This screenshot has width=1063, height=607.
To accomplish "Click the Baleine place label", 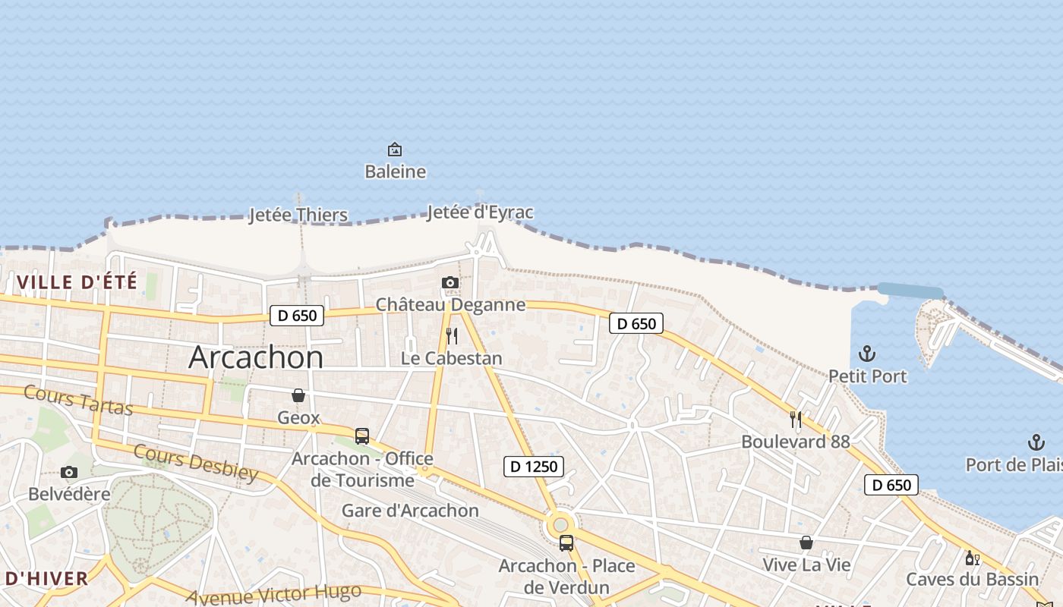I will [x=395, y=171].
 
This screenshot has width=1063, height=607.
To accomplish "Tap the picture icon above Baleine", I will [x=395, y=149].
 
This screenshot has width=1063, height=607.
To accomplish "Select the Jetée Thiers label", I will [x=298, y=215].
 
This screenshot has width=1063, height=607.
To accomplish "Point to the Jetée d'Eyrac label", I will [x=480, y=212].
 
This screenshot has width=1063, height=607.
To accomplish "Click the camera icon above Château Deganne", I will [x=450, y=283].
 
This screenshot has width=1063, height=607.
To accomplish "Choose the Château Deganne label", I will [x=451, y=305].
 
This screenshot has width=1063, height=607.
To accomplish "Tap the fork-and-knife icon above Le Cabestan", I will [x=452, y=336].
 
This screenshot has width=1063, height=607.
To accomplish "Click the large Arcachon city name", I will [x=256, y=357].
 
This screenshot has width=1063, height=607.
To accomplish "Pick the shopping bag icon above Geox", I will [x=298, y=395].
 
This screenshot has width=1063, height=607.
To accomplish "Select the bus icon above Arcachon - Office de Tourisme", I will [x=362, y=436].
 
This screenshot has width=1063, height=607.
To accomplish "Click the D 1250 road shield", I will [x=534, y=467].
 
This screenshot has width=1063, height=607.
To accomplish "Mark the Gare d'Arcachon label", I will [x=410, y=511].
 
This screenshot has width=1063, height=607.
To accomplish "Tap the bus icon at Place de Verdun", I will [x=566, y=543].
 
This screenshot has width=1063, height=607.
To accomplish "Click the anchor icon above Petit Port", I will [x=867, y=354].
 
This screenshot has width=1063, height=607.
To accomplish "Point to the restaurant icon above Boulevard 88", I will [x=796, y=419].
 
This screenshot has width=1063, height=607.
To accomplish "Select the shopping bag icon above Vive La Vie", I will [x=806, y=543].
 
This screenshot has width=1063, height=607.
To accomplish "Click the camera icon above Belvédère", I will [x=69, y=473].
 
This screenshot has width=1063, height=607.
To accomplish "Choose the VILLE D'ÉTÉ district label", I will [x=77, y=282].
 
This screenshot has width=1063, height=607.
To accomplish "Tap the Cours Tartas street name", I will [x=78, y=400].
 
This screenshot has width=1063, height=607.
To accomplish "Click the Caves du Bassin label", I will [x=972, y=580].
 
